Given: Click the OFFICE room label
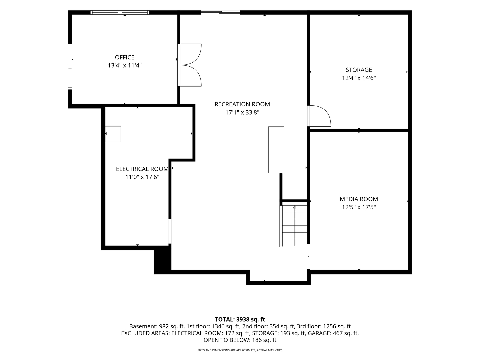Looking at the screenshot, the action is pos(124,57).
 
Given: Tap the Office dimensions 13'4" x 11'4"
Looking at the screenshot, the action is pos(125,65).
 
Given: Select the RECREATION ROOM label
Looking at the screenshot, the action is pos(242,104).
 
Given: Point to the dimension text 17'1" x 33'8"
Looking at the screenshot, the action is pos(242,112).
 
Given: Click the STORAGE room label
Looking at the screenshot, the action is pos(359,70).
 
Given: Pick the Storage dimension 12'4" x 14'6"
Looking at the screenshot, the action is pos(359,78).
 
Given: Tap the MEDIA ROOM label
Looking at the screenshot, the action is pos(359,199).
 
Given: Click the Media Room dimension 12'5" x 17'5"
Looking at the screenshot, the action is pos(359,207).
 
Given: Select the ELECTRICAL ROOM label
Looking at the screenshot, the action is pos(142,169).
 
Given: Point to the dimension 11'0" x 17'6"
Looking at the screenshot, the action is pos(142,177).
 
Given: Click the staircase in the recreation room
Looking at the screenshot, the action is pos(295,225).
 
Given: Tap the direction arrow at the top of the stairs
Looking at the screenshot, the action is pos(295,207).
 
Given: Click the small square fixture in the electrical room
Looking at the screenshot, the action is pos(113,134).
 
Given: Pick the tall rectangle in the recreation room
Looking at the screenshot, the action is pos(276,150).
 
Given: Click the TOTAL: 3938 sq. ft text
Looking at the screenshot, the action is pos(240,319).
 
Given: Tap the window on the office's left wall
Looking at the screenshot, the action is pos(70,67).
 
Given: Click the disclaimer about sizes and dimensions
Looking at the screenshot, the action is pos(240,350).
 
